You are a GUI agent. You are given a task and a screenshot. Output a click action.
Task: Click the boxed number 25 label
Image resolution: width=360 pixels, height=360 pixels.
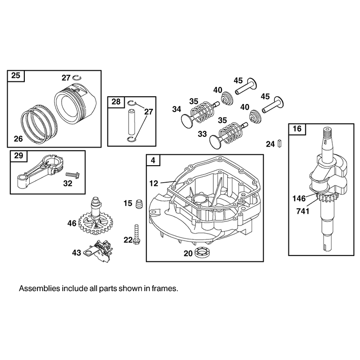(16, 76)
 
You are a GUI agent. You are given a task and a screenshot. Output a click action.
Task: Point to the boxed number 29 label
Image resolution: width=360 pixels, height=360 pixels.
(18, 156)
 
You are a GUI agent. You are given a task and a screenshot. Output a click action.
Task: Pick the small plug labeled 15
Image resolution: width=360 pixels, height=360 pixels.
(139, 204)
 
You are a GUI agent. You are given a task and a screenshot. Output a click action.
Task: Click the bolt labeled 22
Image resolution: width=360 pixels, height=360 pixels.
(136, 234)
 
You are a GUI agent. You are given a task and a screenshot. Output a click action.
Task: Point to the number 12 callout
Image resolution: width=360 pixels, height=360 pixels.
(153, 183)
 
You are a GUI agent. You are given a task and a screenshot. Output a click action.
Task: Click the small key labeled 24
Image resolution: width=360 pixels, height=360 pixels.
(279, 143)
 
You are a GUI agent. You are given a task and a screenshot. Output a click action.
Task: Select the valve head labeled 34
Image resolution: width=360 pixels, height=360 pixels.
(188, 120)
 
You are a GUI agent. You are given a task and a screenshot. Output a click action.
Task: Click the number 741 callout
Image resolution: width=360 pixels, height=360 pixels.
(303, 211)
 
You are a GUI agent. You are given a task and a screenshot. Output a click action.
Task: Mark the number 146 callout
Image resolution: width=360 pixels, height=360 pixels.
(299, 198)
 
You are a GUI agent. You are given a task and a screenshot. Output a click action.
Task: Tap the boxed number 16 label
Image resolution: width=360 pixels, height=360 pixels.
(297, 129)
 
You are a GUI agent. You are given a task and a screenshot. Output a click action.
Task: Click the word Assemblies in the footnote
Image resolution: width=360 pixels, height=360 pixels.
(39, 288)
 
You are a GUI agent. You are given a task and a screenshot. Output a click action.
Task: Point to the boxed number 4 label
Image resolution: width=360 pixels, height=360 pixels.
(153, 160)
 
